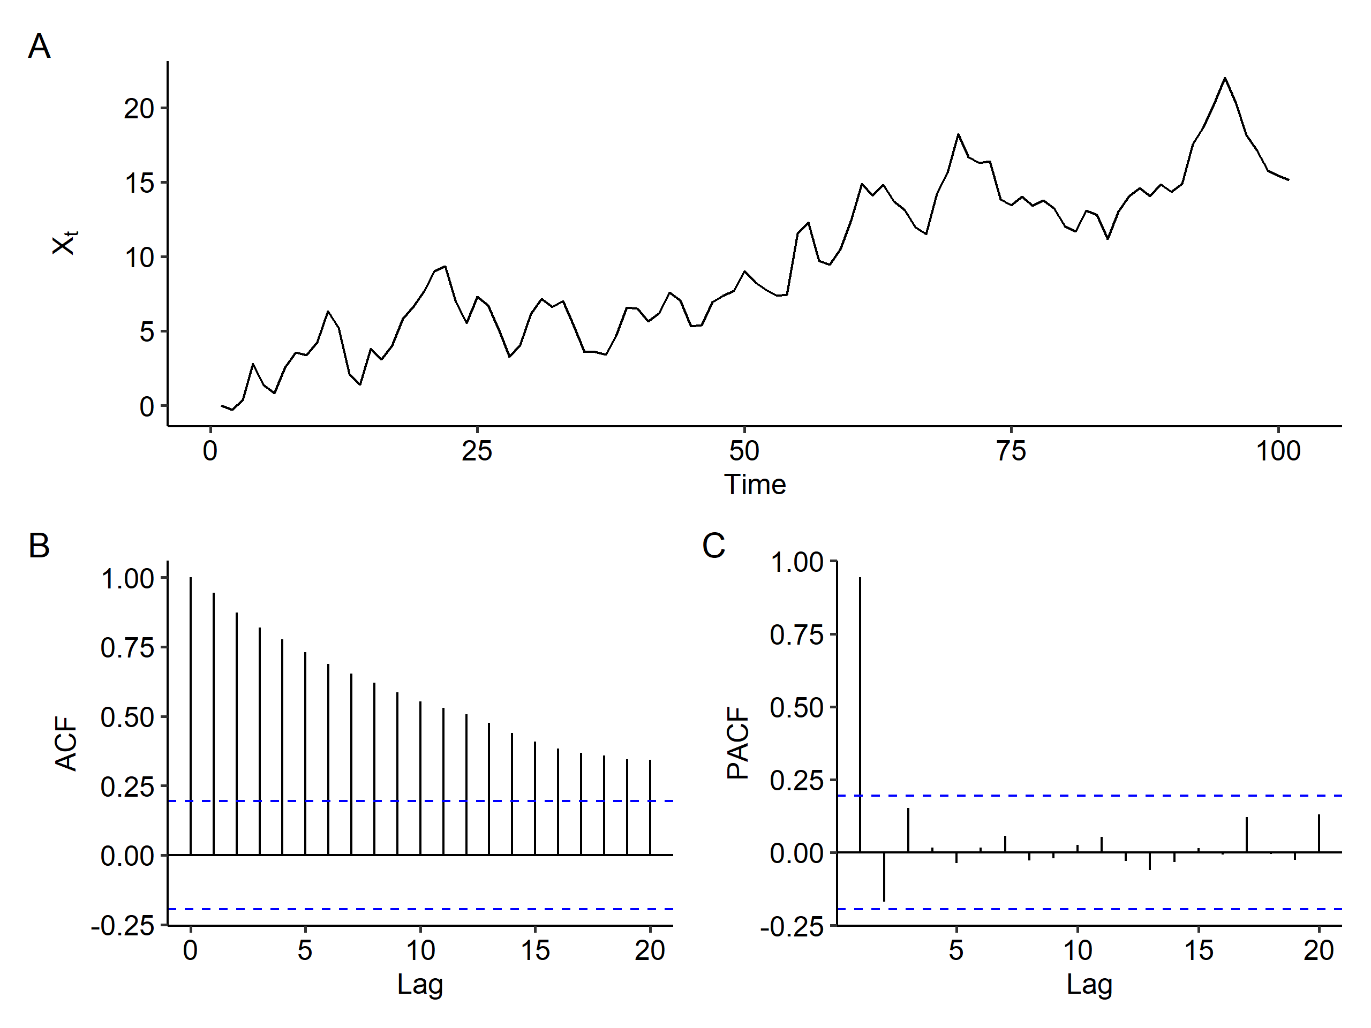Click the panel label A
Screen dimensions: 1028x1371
pyautogui.click(x=39, y=47)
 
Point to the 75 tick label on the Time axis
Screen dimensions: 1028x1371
pyautogui.click(x=1011, y=451)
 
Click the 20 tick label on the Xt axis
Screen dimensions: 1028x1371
pyautogui.click(x=139, y=109)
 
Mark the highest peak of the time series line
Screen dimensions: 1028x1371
pyautogui.click(x=1225, y=79)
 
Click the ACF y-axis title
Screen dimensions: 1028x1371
pyautogui.click(x=66, y=743)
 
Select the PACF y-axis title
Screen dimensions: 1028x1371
pyautogui.click(x=737, y=743)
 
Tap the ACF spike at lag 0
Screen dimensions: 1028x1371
pyautogui.click(x=191, y=713)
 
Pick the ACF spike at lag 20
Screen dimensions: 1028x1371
pyautogui.click(x=650, y=806)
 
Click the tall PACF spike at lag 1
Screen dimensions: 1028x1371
pyautogui.click(x=860, y=713)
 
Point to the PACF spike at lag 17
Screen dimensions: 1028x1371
pyautogui.click(x=1246, y=835)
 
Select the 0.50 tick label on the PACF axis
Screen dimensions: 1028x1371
pyautogui.click(x=796, y=708)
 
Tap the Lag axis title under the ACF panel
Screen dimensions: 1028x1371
pyautogui.click(x=420, y=984)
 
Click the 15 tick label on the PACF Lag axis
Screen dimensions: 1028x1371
pyautogui.click(x=1199, y=950)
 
